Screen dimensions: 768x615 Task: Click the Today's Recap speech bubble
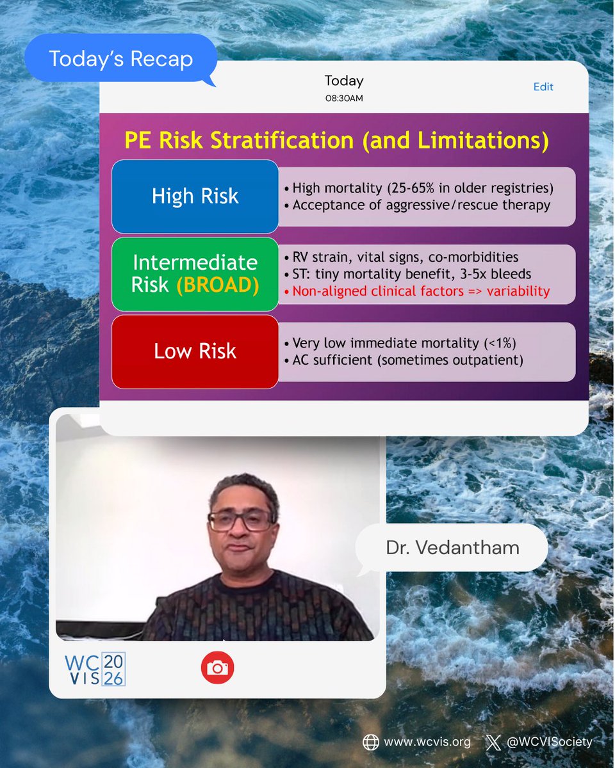(120, 59)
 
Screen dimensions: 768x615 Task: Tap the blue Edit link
(543, 87)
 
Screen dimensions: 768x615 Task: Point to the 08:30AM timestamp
(344, 99)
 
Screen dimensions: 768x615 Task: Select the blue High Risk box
(195, 196)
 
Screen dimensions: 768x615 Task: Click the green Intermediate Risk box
(195, 274)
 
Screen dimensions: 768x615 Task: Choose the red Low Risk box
(195, 351)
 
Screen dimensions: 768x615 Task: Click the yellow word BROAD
(218, 285)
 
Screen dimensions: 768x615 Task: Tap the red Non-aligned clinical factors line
(421, 291)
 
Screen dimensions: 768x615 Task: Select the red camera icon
(217, 668)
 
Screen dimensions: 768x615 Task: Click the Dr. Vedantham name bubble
(452, 548)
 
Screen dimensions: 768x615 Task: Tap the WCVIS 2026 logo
(95, 669)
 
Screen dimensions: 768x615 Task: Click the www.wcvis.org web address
(427, 742)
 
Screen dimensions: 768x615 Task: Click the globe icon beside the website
(370, 742)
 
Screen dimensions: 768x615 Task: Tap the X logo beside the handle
(493, 742)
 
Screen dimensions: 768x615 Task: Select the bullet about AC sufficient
(407, 360)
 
